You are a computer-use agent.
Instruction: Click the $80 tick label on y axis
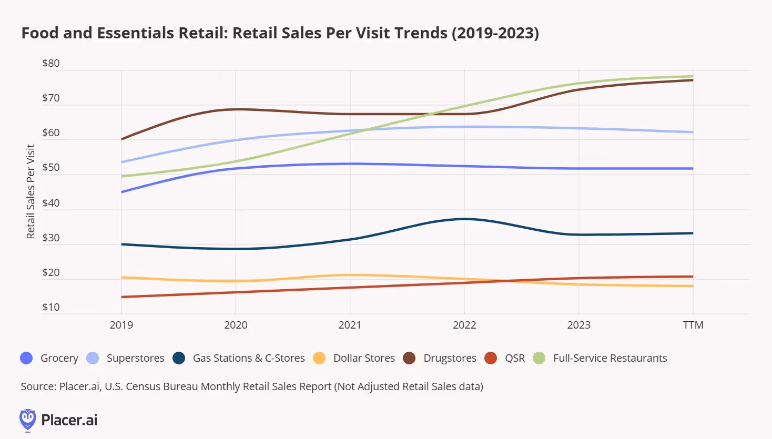click(51, 64)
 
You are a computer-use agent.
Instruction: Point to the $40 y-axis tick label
click(51, 203)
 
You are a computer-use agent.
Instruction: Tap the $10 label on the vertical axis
click(51, 307)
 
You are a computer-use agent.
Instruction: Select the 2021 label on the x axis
click(350, 325)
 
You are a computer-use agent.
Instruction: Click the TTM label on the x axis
click(693, 325)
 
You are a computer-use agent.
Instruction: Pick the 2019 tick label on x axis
click(121, 325)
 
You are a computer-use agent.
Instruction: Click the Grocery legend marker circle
click(26, 358)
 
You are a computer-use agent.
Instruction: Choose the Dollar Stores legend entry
click(364, 358)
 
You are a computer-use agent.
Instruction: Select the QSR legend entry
click(515, 358)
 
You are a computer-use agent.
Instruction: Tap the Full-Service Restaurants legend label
click(610, 358)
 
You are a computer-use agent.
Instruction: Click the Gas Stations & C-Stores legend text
click(249, 358)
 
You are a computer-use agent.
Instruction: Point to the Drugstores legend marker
click(409, 358)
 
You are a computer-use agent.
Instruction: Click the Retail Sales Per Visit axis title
click(31, 191)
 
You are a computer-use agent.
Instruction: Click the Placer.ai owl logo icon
click(27, 420)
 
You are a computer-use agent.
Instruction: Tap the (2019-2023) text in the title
click(495, 33)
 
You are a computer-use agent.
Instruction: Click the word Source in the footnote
click(38, 386)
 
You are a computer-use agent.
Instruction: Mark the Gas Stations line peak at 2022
click(464, 219)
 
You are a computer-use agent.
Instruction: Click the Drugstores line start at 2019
click(121, 139)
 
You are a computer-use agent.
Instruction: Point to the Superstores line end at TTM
click(693, 132)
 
